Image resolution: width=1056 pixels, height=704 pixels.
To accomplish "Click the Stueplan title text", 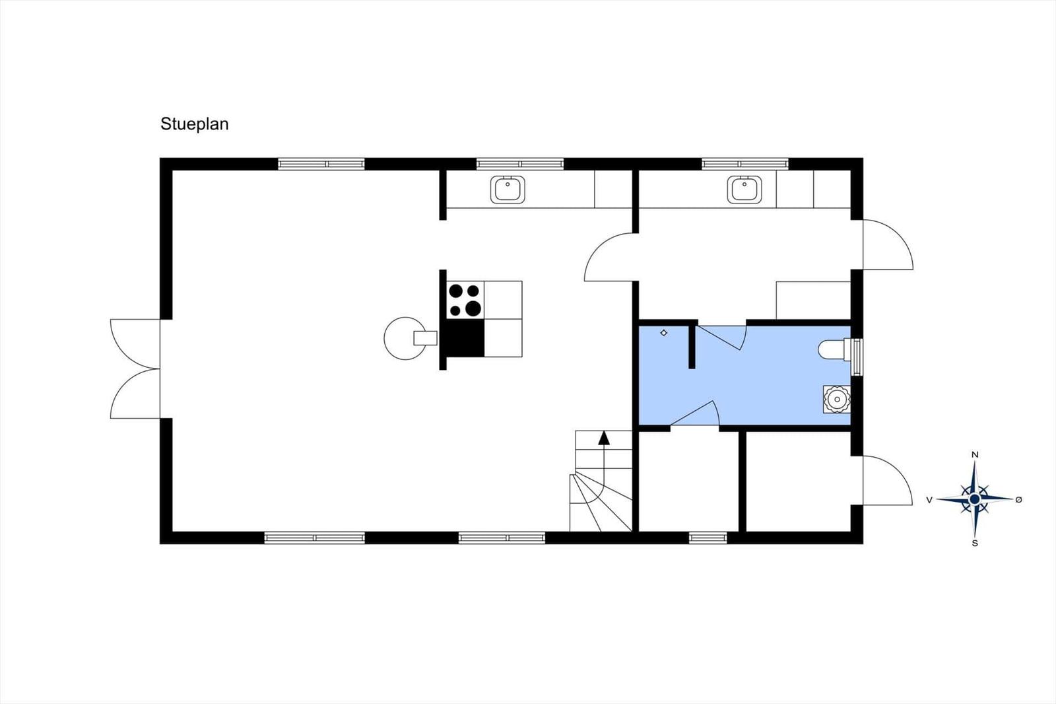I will pyautogui.click(x=194, y=124).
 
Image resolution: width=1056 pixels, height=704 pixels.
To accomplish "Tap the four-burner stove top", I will pyautogui.click(x=465, y=300).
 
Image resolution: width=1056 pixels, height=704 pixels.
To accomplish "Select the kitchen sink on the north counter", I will pyautogui.click(x=508, y=190).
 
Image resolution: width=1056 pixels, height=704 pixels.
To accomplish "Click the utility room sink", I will pyautogui.click(x=744, y=190).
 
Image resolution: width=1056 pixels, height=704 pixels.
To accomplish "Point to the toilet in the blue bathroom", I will pyautogui.click(x=832, y=349).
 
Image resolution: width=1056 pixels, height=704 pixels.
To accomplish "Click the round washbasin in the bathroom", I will pyautogui.click(x=837, y=399).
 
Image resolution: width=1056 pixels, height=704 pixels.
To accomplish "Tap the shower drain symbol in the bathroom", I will pyautogui.click(x=664, y=333).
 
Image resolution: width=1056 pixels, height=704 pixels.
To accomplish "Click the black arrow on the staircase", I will pyautogui.click(x=604, y=437).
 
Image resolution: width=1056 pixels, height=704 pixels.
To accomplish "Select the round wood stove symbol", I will pyautogui.click(x=405, y=338).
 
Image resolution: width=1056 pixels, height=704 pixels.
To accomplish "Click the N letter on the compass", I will pyautogui.click(x=975, y=454).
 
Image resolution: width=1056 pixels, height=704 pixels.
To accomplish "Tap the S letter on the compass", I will pyautogui.click(x=975, y=544).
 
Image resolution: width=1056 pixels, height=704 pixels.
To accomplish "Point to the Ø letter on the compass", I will pyautogui.click(x=1018, y=500).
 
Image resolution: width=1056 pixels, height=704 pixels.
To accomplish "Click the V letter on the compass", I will pyautogui.click(x=929, y=500).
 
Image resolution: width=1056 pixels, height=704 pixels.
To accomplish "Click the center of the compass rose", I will pyautogui.click(x=975, y=499).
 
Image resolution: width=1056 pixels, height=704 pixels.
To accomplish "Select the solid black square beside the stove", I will pyautogui.click(x=465, y=338).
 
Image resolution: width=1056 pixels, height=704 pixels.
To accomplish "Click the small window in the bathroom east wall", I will pyautogui.click(x=857, y=357).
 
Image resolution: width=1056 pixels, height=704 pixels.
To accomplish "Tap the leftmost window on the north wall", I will pyautogui.click(x=321, y=164).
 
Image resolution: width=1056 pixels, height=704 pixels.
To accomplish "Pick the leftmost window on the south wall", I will pyautogui.click(x=314, y=538).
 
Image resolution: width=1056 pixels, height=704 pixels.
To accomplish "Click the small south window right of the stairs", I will pyautogui.click(x=708, y=538).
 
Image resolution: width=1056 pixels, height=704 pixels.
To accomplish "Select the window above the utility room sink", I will pyautogui.click(x=744, y=164).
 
